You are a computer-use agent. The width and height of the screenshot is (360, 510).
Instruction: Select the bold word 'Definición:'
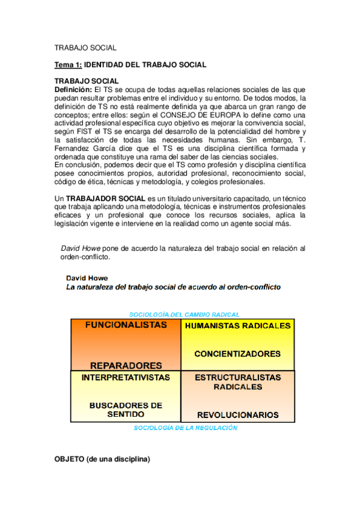[73, 89]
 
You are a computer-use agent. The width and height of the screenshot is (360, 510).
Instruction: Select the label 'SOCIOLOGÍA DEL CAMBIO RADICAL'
[185, 314]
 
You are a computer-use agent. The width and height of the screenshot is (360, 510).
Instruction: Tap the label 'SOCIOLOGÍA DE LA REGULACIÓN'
[185, 428]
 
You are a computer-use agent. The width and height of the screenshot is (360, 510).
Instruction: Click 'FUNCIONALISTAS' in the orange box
[126, 325]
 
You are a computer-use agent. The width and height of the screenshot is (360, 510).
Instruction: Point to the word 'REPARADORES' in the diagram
[126, 365]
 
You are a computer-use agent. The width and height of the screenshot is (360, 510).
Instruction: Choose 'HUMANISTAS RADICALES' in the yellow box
[238, 326]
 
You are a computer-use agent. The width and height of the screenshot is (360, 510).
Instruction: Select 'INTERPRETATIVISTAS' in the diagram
[125, 378]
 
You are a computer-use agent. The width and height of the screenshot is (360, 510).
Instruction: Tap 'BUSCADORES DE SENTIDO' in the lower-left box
[126, 410]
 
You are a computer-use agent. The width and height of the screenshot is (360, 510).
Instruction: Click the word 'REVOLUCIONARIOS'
[238, 415]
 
